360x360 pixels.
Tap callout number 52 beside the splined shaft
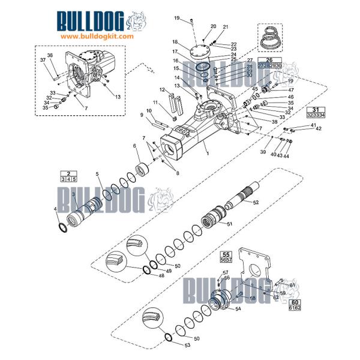pos(256,203)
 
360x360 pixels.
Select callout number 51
pos(229,223)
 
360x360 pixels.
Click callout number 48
pos(143,277)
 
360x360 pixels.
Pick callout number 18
pos(175,42)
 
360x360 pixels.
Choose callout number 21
pos(226,27)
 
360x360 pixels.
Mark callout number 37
pos(43,60)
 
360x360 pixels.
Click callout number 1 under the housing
pos(207,154)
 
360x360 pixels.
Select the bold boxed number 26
pos(269,60)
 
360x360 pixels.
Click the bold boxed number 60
pos(295,302)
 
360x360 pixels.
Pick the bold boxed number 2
pos(69,173)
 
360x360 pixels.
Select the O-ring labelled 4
pos(61,227)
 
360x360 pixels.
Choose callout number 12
pos(162,90)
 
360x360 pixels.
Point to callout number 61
pos(293,286)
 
